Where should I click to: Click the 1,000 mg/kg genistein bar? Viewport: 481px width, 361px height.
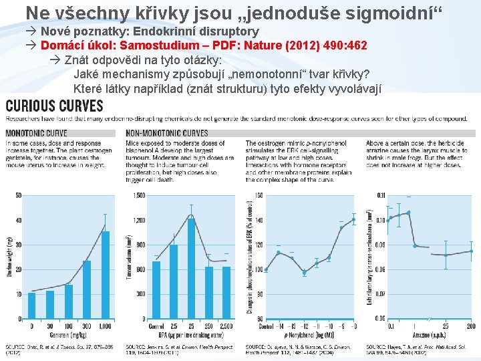tap(105, 275)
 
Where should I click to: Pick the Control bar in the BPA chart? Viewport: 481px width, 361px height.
tap(156, 289)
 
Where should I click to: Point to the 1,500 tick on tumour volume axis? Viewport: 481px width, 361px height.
tap(138, 195)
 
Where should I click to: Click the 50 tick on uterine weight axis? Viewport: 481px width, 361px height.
tap(18, 195)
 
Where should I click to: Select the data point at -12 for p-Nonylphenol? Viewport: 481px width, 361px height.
tap(304, 272)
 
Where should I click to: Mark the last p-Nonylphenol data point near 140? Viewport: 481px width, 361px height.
tap(353, 219)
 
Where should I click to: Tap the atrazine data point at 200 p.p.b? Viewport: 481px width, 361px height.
tap(471, 251)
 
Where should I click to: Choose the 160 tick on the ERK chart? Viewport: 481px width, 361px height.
tap(259, 195)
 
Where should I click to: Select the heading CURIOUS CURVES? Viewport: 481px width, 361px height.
tap(55, 106)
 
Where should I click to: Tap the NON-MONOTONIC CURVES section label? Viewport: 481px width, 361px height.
tap(167, 133)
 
